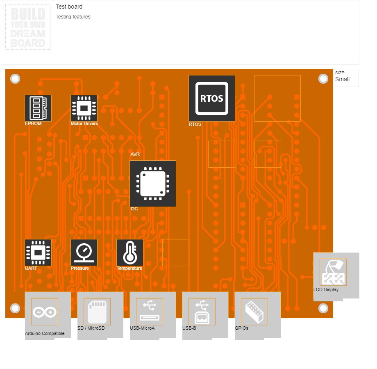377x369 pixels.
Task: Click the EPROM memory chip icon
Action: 38,108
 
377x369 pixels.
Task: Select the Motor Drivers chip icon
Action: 84,108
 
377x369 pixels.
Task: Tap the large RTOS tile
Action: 212,98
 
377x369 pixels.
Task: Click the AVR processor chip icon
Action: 153,184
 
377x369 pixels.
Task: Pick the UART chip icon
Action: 38,253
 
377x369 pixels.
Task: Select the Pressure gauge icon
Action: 84,253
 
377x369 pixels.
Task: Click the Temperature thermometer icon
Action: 130,253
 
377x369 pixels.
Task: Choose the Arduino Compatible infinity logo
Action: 45,312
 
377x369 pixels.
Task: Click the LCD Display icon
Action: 333,272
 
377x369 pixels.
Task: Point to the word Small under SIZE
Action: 343,79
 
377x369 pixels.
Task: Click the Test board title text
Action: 69,7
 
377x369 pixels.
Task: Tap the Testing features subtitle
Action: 73,17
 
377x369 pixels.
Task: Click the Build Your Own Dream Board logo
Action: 28,27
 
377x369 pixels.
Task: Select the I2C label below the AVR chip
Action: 134,209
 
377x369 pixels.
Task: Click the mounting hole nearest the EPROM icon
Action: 15,79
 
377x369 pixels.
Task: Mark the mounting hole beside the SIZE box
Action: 323,79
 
